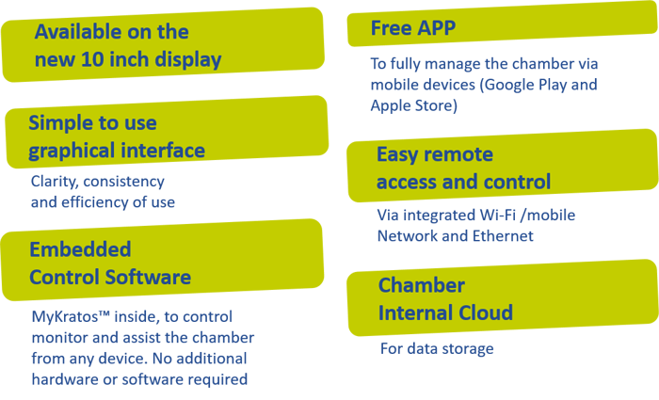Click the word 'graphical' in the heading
point(73,151)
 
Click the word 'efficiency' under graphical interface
point(98,201)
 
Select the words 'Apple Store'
point(413,105)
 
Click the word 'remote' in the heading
point(458,154)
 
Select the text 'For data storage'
point(436,349)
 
